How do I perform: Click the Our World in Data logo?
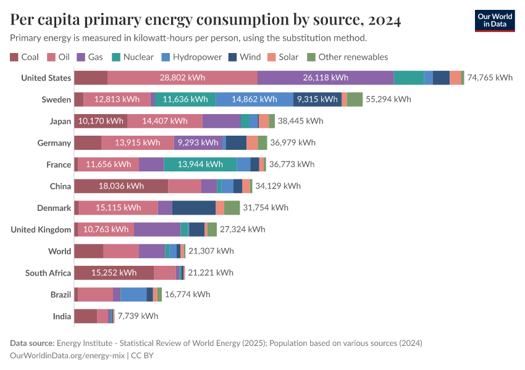tap(495, 20)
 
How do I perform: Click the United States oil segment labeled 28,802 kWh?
tap(182, 78)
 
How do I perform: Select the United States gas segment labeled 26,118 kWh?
tap(325, 78)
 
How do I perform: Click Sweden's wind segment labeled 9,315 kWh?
tap(317, 99)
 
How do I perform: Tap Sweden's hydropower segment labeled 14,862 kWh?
tap(254, 99)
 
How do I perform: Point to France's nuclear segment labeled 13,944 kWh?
tap(200, 164)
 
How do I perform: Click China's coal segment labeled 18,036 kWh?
tap(121, 186)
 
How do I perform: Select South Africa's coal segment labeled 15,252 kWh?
tap(114, 273)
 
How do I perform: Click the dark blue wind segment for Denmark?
tap(194, 208)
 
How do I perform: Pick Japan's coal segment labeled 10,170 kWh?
tap(101, 121)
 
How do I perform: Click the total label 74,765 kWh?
tap(490, 78)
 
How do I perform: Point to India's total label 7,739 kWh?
tap(138, 316)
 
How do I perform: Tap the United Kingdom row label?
tap(41, 229)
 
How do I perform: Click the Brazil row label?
tap(61, 294)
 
